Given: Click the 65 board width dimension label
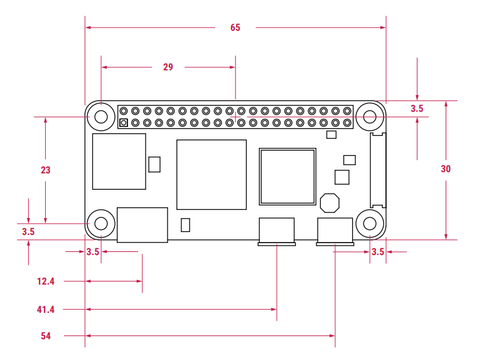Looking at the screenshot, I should click(x=235, y=28).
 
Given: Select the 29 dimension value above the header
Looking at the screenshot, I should click(x=168, y=67).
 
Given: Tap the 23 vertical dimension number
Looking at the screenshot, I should click(x=45, y=170).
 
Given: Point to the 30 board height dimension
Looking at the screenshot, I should click(x=446, y=169).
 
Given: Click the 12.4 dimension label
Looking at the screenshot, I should click(x=45, y=281).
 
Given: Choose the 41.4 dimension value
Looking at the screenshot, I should click(x=45, y=310).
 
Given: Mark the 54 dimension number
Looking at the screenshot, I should click(x=45, y=336).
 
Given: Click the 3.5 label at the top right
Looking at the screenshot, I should click(x=417, y=109).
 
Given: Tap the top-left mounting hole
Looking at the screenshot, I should click(x=100, y=116).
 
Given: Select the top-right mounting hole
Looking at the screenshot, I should click(x=370, y=116).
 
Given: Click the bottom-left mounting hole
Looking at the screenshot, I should click(x=100, y=223).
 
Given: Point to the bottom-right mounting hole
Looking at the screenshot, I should click(x=370, y=223).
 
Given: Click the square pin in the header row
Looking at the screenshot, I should click(x=124, y=123).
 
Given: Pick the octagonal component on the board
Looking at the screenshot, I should click(x=330, y=202).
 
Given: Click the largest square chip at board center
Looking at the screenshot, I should click(x=212, y=175).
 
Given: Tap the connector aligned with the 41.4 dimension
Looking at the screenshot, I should click(x=276, y=231).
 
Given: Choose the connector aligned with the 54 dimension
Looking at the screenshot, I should click(x=335, y=231).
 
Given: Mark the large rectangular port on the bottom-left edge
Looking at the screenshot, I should click(x=142, y=224).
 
